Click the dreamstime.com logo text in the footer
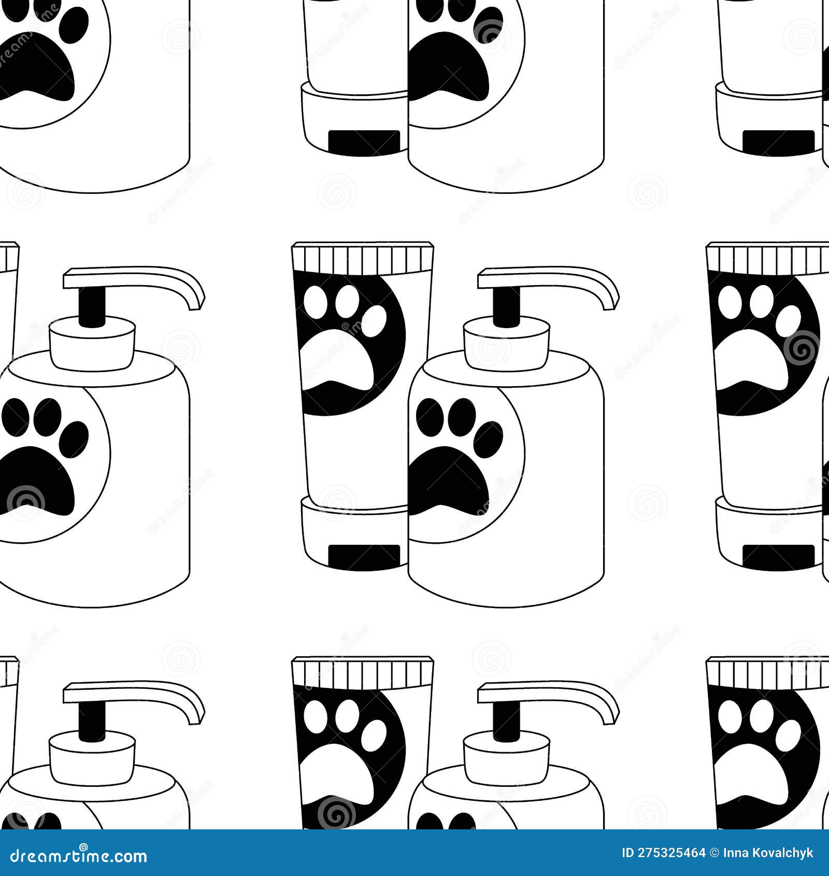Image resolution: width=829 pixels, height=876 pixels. click(79, 856)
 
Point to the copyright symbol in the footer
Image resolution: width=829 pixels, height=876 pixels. click(714, 853)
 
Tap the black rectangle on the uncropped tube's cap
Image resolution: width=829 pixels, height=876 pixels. click(364, 557)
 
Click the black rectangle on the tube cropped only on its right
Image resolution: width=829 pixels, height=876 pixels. click(778, 557)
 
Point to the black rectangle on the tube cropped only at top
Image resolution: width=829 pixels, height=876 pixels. click(364, 142)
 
